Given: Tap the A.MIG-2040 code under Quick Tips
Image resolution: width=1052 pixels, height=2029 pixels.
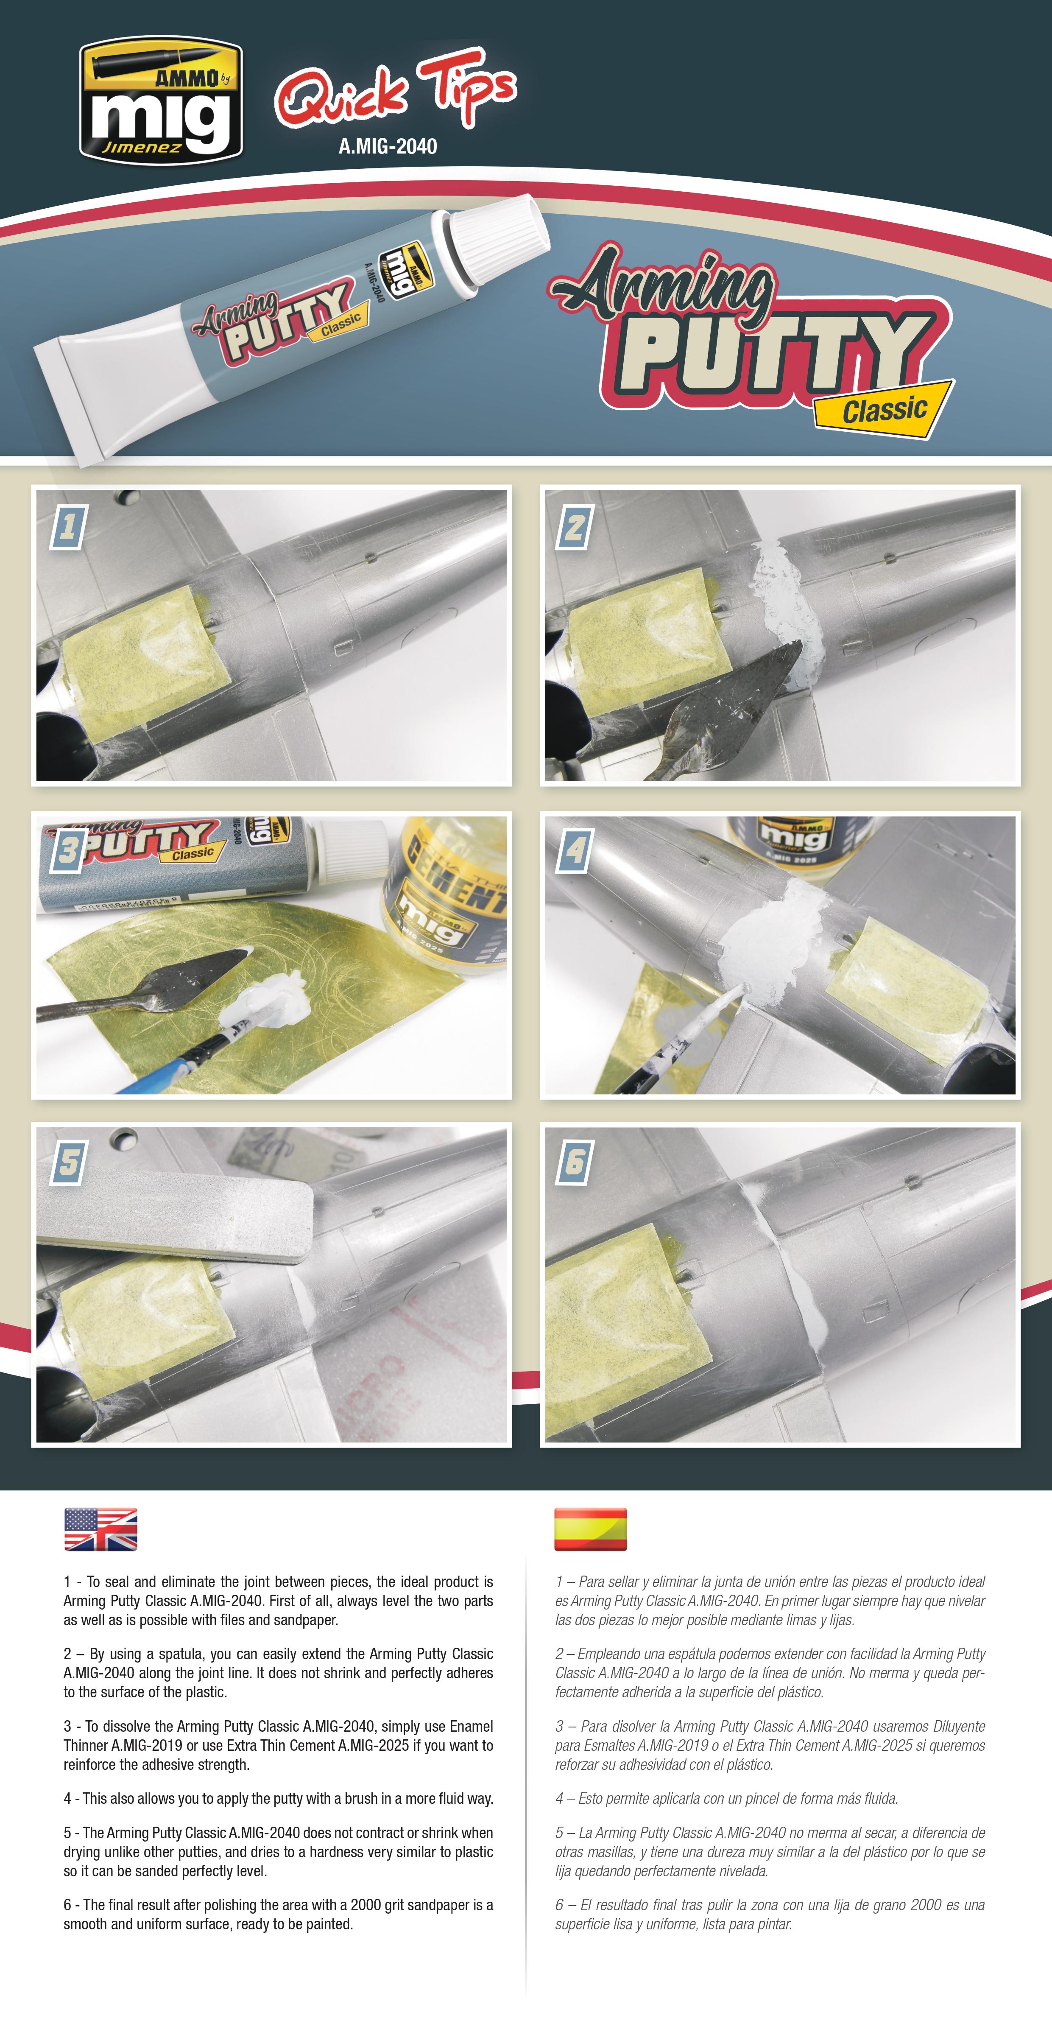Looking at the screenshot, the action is [x=388, y=146].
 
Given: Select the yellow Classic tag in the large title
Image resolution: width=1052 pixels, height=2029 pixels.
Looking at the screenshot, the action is [x=884, y=410].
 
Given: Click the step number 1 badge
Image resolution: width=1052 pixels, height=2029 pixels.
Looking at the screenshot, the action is [x=68, y=526].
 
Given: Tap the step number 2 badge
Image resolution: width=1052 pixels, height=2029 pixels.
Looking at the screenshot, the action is [x=575, y=526].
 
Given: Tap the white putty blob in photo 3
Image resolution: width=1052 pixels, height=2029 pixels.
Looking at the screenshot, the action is [x=268, y=1001].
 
